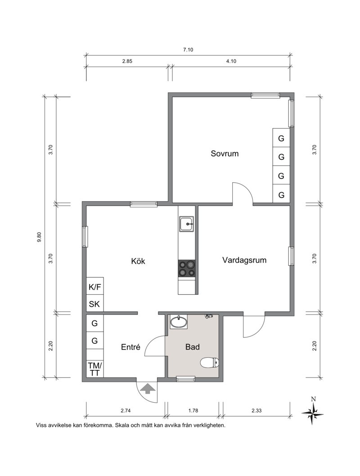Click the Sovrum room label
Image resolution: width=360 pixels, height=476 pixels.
click(225, 153)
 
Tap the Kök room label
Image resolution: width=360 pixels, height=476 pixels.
click(138, 261)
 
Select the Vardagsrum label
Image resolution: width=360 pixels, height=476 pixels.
click(244, 260)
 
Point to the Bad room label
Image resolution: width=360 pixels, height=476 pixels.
click(193, 347)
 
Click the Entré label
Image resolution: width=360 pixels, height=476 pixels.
click(130, 347)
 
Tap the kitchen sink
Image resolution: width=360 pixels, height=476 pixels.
click(186, 224)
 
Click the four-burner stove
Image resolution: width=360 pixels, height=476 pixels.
click(186, 269)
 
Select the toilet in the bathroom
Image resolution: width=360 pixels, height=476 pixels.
click(209, 362)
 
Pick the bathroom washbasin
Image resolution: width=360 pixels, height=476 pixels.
click(179, 322)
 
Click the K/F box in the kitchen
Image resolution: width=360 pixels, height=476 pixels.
click(94, 287)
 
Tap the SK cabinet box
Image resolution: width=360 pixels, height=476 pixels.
click(94, 304)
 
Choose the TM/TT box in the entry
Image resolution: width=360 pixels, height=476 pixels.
click(94, 369)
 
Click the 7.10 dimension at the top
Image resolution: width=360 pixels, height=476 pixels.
click(188, 50)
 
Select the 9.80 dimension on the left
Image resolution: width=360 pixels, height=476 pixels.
click(39, 237)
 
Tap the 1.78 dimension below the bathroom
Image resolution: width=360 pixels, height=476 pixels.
click(193, 411)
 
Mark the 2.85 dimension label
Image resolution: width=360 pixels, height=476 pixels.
click(127, 61)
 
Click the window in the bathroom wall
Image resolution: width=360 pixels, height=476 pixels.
click(185, 378)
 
